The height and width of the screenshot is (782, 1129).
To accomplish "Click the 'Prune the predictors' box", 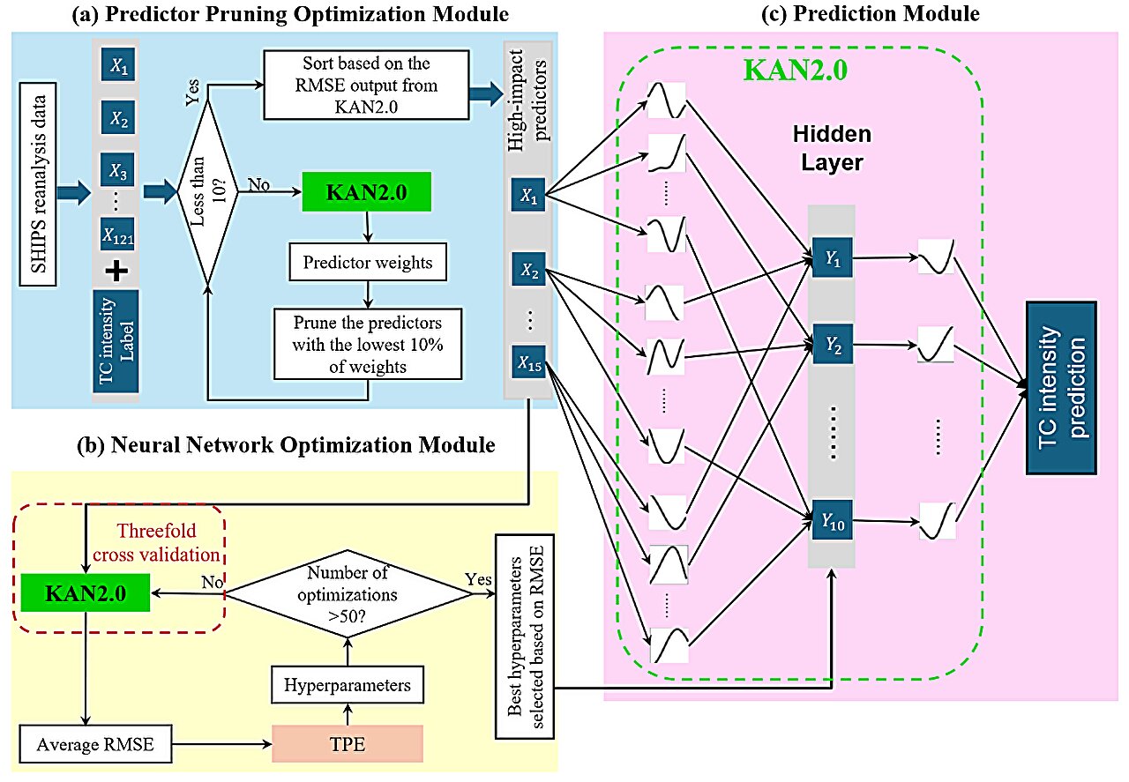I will [x=368, y=342].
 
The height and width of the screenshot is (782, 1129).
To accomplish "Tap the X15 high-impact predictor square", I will [x=527, y=361].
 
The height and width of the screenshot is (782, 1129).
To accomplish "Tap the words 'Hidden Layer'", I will [x=831, y=146].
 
